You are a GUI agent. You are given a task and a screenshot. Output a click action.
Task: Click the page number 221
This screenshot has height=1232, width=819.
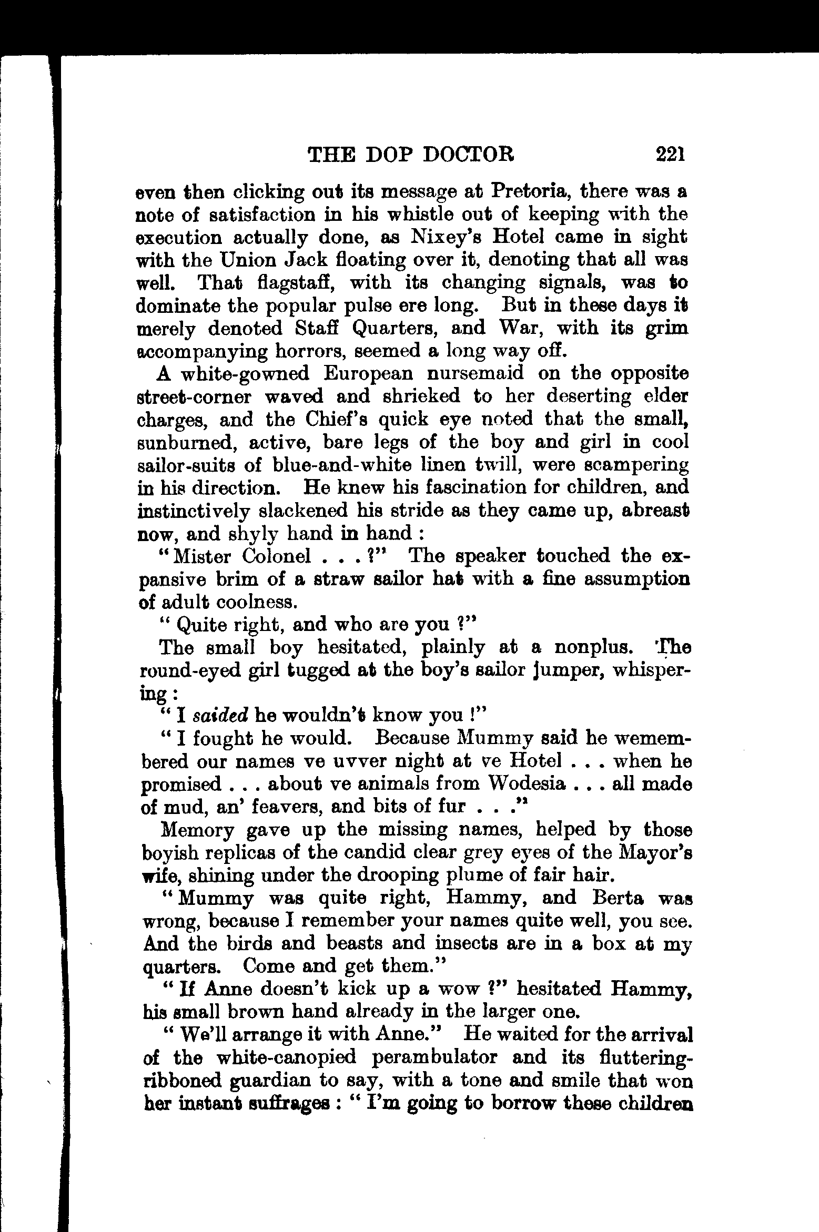(x=670, y=155)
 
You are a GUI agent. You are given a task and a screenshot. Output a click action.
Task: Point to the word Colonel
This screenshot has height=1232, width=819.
(x=277, y=556)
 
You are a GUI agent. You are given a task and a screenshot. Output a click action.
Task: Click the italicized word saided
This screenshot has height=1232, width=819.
(x=220, y=716)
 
